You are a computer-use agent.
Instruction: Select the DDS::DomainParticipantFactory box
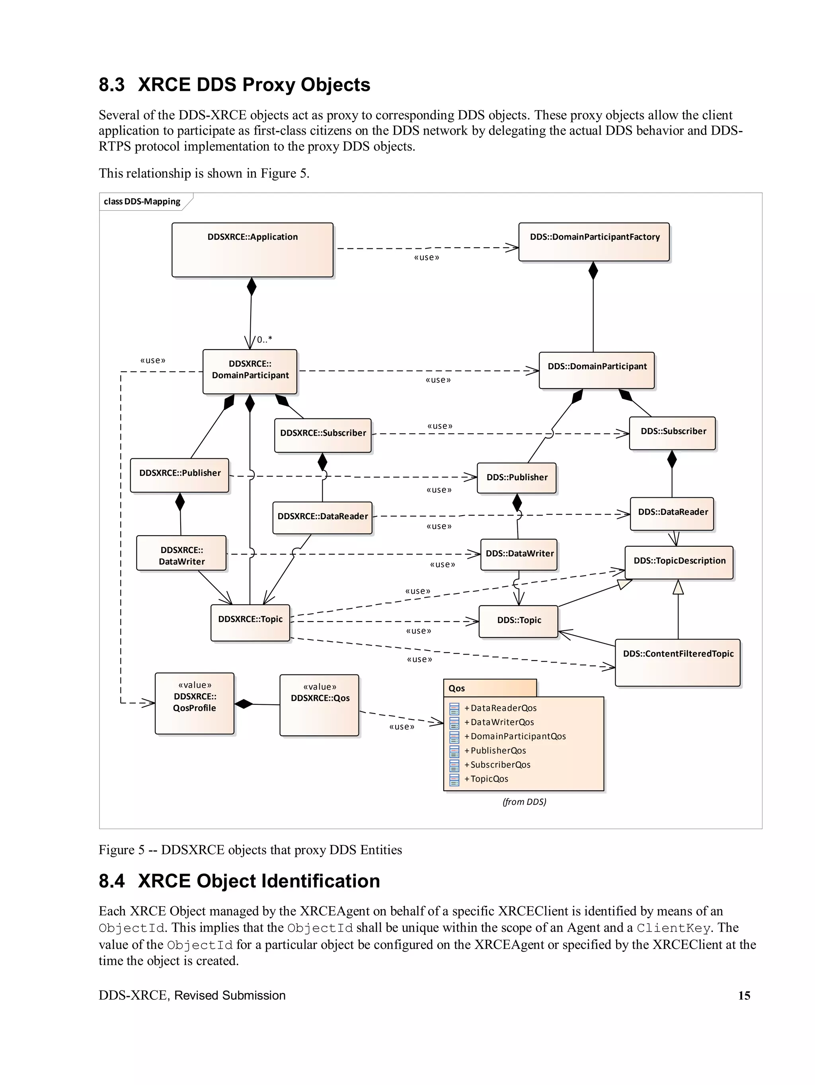coord(593,242)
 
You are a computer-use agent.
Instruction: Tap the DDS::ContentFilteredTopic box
coord(677,662)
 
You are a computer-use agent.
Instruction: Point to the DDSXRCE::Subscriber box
coord(322,435)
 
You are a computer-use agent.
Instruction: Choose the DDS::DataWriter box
coord(519,554)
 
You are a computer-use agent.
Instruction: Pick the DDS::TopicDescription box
coord(679,562)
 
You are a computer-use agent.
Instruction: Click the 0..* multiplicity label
coord(264,339)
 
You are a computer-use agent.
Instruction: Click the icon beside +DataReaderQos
coord(454,708)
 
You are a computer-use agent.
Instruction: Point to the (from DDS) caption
coord(524,802)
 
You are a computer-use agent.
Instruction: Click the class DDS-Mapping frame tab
coord(142,201)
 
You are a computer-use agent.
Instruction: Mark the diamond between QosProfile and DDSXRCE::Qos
coord(244,704)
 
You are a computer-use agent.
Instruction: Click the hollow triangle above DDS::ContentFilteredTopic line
coord(678,587)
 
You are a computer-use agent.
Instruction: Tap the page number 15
coord(743,995)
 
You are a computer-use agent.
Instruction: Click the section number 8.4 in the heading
coord(112,881)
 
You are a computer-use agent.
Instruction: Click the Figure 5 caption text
coord(250,850)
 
